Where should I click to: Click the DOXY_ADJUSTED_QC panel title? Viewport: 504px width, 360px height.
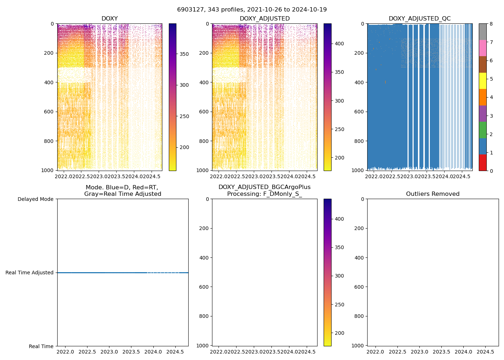pos(419,19)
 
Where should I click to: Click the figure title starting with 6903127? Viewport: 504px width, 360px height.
pos(252,10)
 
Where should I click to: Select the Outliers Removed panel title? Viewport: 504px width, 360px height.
pos(433,194)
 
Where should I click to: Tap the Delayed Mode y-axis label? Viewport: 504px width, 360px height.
pos(35,199)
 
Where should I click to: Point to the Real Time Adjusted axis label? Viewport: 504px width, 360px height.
pos(30,273)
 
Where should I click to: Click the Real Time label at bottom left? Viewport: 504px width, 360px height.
pos(41,346)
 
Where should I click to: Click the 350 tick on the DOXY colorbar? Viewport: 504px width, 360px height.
pos(184,54)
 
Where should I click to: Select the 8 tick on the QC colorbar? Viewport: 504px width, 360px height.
pos(491,24)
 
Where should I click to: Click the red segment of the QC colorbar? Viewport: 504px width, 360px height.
pos(483,162)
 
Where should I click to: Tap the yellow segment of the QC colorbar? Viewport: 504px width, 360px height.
pos(483,81)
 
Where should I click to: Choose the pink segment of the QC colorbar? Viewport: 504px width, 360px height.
pos(483,48)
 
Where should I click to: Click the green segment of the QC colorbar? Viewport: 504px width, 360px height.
pos(483,130)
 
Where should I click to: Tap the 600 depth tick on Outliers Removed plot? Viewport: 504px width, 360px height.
pos(360,287)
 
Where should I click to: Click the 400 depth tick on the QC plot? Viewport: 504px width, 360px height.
pos(360,82)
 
